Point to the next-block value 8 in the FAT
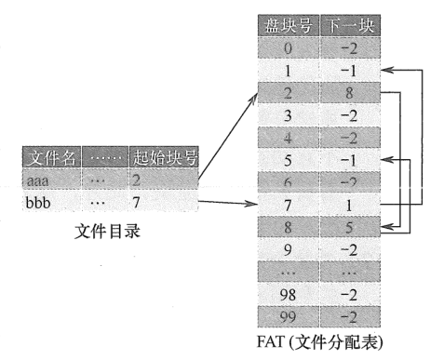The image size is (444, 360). pos(349,92)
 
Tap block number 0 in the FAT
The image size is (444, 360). pos(288,47)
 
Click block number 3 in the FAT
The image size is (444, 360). pos(288,114)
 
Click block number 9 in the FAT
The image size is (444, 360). pos(288,250)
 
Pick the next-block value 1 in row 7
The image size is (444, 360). pos(349,205)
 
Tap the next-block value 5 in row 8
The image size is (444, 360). pos(349,228)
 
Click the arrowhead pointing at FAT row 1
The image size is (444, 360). pos(387,70)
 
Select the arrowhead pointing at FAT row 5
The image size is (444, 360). pos(387,160)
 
